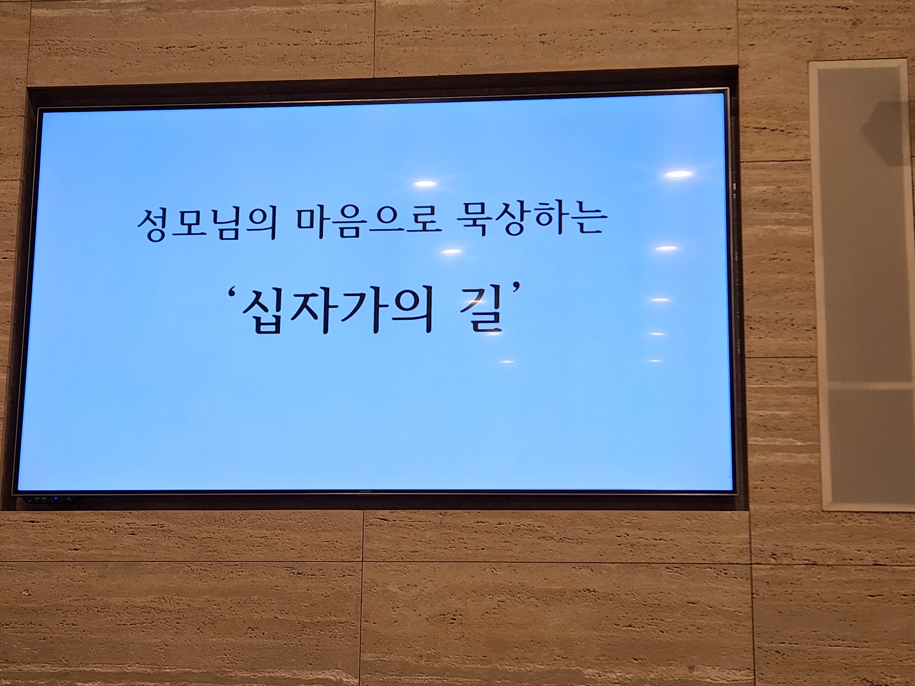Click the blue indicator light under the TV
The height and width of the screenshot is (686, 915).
[55, 499]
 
